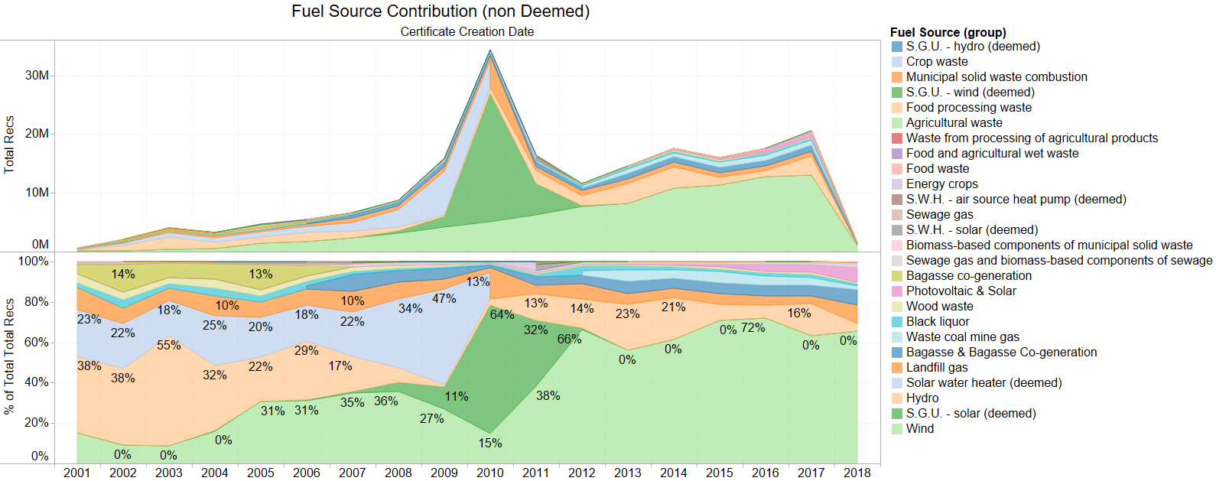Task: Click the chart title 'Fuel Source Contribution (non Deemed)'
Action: click(x=440, y=11)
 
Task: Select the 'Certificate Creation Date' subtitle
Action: click(x=467, y=32)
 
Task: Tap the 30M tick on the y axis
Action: click(x=37, y=76)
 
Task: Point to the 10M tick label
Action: click(x=37, y=192)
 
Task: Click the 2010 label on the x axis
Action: click(x=489, y=473)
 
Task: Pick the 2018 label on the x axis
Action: click(x=857, y=473)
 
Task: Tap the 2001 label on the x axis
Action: click(x=76, y=473)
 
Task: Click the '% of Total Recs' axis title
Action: click(x=9, y=356)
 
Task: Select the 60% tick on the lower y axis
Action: click(x=34, y=342)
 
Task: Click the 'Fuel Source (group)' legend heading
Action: click(x=948, y=32)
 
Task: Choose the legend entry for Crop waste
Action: click(x=937, y=62)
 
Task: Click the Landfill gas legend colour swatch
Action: click(x=896, y=368)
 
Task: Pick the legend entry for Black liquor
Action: click(x=938, y=322)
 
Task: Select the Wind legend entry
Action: click(x=920, y=429)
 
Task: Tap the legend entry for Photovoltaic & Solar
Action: click(x=961, y=291)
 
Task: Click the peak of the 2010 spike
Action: click(x=490, y=51)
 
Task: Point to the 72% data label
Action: click(x=753, y=328)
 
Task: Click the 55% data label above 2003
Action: click(x=168, y=346)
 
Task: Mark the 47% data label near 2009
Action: click(x=444, y=299)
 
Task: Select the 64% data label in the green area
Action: click(x=502, y=315)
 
